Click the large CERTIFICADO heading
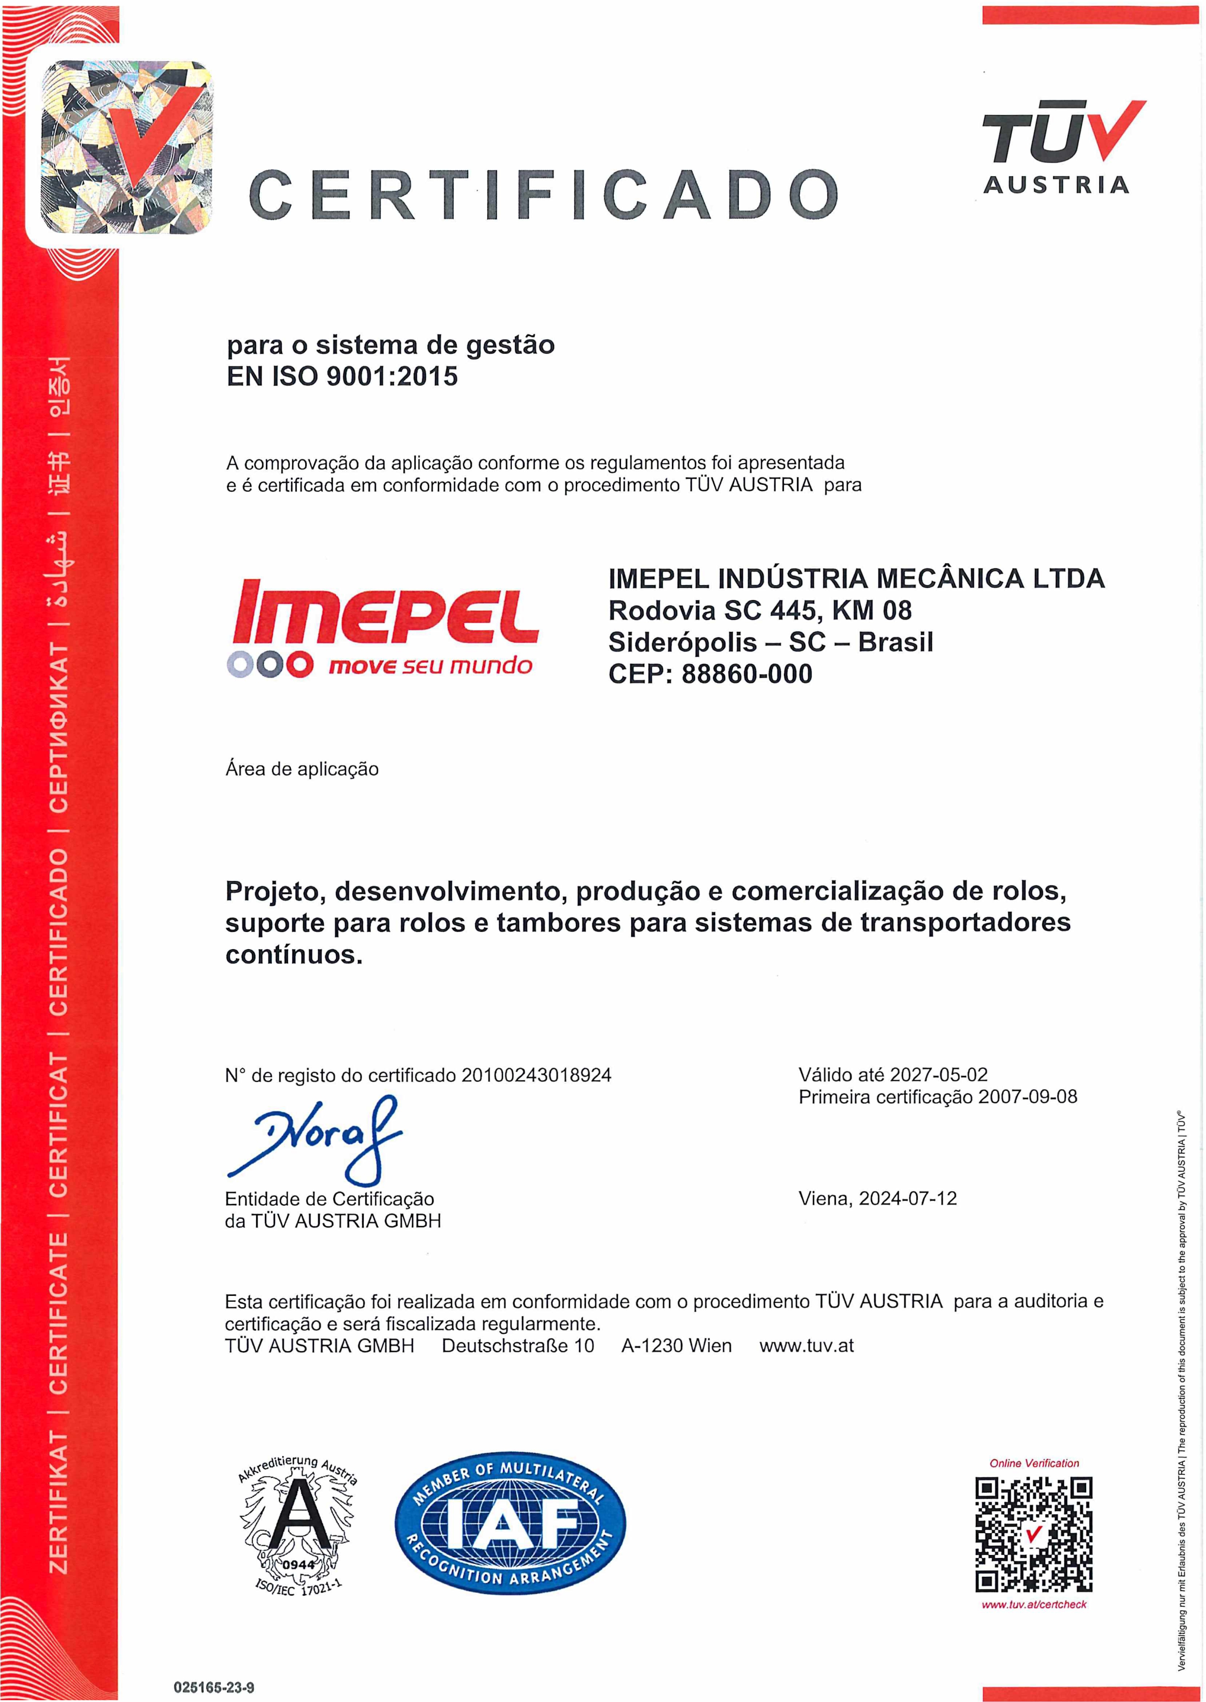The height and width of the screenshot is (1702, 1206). coord(544,195)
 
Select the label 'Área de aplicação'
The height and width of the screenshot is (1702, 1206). coord(302,769)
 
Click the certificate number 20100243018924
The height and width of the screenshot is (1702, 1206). coord(536,1075)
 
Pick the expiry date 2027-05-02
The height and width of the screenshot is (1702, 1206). coord(939,1075)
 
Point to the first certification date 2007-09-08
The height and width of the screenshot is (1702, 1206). coord(1028,1097)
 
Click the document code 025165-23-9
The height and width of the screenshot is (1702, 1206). coord(214,1688)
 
